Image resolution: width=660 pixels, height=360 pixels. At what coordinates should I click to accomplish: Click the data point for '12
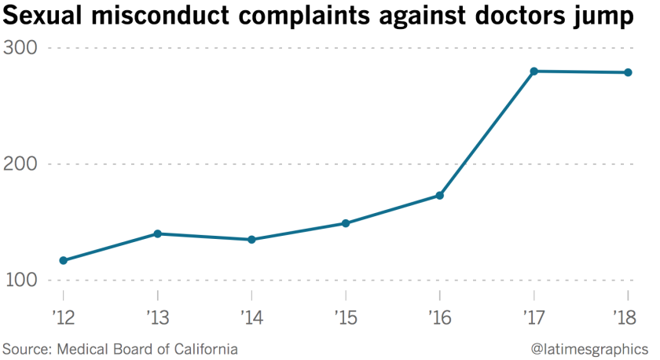tap(64, 260)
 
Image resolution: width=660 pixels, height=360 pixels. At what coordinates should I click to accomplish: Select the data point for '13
tap(157, 233)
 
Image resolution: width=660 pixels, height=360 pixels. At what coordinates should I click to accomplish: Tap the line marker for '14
tap(251, 240)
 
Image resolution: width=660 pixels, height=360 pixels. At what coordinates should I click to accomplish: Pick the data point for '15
tap(346, 223)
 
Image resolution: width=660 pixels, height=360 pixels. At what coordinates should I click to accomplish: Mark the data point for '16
tap(440, 196)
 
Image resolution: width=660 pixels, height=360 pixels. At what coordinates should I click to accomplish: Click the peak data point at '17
tap(534, 72)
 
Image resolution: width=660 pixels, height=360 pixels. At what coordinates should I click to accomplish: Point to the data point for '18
tap(629, 73)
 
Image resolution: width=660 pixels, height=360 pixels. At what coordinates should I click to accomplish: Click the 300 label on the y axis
tap(23, 48)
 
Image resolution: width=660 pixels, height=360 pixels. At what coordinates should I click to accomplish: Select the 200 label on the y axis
tap(23, 164)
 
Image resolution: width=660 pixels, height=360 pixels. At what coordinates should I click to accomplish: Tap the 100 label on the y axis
tap(23, 281)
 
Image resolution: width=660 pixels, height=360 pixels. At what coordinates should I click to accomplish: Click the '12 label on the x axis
tap(63, 319)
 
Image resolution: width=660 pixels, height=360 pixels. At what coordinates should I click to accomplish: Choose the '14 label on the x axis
tap(251, 319)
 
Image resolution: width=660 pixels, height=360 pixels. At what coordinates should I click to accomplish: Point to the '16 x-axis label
tap(440, 319)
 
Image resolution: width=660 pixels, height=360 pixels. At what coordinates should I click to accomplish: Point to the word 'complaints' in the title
tap(294, 17)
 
